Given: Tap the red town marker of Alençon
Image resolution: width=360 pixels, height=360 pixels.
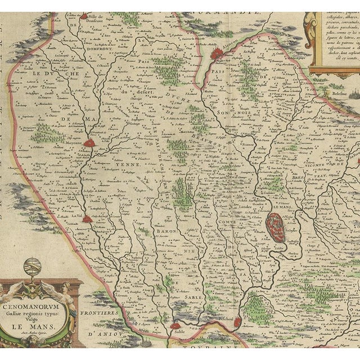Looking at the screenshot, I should pyautogui.click(x=217, y=53).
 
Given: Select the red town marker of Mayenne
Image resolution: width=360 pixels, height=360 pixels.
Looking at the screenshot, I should pyautogui.click(x=89, y=143).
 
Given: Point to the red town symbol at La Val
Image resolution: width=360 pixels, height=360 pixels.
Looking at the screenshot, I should pyautogui.click(x=87, y=219).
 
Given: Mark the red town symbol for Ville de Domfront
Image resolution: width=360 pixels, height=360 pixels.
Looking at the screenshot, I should pyautogui.click(x=84, y=16).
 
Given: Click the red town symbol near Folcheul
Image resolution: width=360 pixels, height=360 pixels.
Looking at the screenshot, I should pyautogui.click(x=237, y=322).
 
